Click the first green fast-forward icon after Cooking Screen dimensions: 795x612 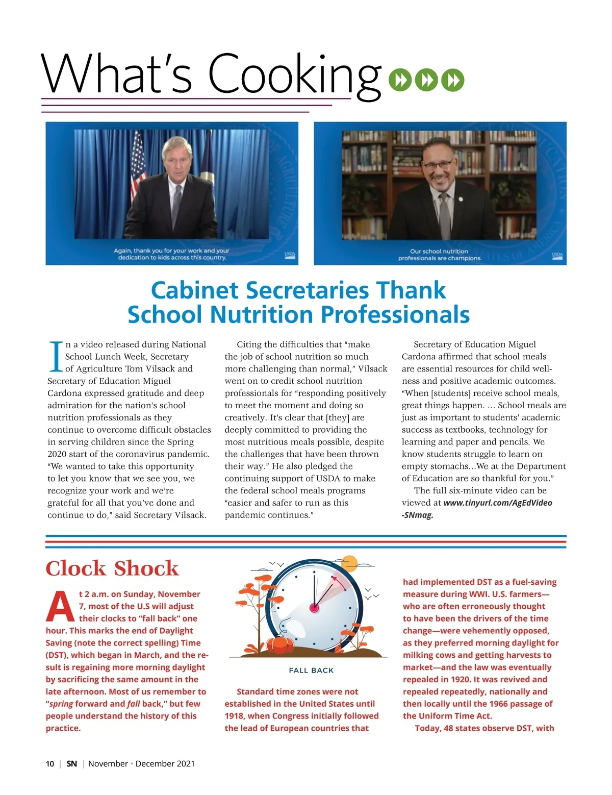[400, 80]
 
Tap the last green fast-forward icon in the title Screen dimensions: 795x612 [452, 80]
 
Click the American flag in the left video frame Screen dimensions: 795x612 [138, 161]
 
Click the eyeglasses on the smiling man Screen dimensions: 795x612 [438, 165]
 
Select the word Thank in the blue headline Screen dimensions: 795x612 [411, 290]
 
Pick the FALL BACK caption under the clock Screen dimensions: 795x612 [311, 670]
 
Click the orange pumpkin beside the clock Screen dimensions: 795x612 [280, 646]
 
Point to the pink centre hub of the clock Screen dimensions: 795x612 [314, 608]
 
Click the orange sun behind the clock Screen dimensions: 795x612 [350, 564]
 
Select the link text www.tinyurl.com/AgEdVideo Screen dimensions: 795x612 [498, 503]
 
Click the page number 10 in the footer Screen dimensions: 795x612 [50, 764]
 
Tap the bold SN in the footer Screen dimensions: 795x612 [72, 764]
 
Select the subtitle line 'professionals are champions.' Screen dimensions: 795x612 [440, 258]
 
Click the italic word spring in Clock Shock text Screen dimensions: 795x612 [61, 704]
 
